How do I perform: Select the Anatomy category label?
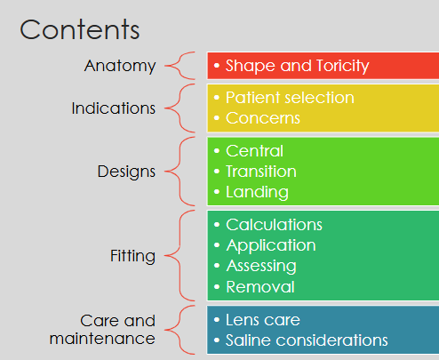point(120,66)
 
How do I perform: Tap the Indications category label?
point(114,108)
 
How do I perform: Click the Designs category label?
point(126,171)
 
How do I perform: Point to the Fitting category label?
point(132,256)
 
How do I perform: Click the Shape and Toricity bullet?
point(297,66)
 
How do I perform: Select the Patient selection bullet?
point(290,97)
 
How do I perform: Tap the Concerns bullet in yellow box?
point(262,118)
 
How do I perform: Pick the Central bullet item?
point(254,150)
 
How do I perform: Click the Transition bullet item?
point(260,171)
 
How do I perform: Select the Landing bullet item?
point(257,192)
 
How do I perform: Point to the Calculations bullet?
point(274,224)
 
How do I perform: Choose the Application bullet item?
point(270,245)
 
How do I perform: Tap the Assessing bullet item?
point(260,266)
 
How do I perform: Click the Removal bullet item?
point(259,287)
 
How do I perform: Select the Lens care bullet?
point(262,319)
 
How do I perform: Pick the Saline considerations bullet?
point(307,340)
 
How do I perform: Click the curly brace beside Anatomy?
point(182,66)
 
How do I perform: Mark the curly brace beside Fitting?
point(182,256)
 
